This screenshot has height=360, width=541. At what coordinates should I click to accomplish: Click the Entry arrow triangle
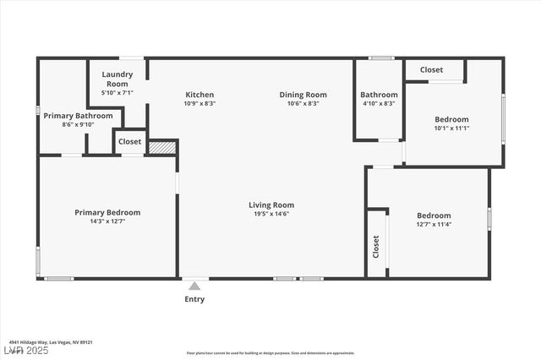[194, 286]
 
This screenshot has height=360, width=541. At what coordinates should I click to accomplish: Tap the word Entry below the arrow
[194, 299]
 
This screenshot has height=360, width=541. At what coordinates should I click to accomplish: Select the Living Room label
[271, 205]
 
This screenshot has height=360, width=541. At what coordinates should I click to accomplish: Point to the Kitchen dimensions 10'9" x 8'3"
[199, 103]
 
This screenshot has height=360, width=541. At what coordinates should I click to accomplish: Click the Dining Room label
[303, 95]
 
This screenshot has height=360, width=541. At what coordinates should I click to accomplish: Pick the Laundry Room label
[117, 79]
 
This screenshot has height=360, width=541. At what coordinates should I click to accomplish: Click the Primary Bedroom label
[107, 212]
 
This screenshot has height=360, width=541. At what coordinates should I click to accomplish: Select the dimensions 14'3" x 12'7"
[107, 222]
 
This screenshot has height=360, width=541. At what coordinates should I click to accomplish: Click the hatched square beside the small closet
[161, 147]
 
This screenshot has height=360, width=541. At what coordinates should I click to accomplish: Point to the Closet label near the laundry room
[130, 142]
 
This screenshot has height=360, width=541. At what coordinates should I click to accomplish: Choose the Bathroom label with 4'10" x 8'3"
[379, 95]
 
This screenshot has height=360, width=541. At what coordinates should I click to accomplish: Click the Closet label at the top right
[432, 69]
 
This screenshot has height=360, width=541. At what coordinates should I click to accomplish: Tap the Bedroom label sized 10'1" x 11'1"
[451, 119]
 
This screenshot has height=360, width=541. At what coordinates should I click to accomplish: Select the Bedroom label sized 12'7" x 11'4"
[434, 215]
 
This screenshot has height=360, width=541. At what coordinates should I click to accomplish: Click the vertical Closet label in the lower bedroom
[376, 246]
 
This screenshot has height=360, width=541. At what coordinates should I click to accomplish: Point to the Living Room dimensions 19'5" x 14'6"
[271, 214]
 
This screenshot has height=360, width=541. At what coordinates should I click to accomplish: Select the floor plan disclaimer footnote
[270, 352]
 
